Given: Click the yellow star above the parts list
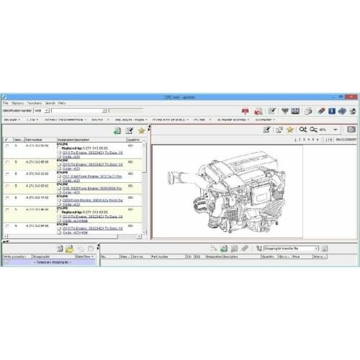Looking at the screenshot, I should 141,130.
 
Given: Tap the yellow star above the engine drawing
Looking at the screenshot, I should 289,130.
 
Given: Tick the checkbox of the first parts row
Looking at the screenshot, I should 8,146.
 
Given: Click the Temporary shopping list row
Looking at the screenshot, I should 48,261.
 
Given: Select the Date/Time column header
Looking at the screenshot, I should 84,256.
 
